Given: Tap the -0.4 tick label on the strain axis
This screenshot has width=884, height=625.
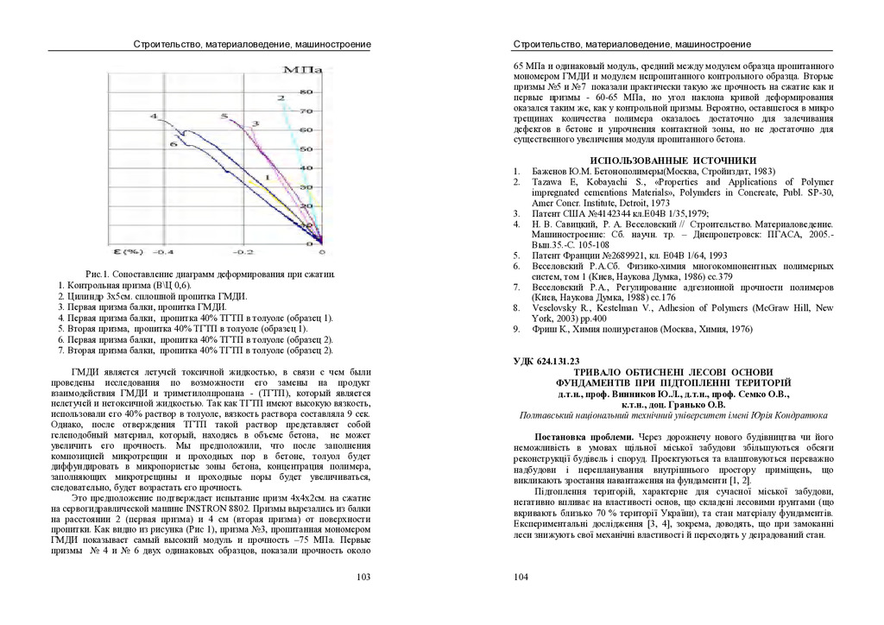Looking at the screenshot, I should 164,252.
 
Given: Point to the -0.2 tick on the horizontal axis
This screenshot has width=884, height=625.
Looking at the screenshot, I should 243,252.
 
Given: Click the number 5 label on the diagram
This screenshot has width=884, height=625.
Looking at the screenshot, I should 224,116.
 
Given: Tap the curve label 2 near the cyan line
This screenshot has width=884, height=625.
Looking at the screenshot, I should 281,99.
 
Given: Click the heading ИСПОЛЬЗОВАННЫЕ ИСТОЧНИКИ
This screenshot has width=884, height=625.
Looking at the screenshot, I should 672,160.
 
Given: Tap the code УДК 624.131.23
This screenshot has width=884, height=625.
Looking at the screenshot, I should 547,361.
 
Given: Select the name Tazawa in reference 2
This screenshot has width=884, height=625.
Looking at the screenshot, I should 546,182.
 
